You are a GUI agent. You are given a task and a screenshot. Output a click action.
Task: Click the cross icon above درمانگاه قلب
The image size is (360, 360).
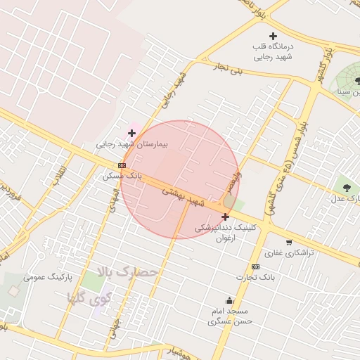coord(274,36)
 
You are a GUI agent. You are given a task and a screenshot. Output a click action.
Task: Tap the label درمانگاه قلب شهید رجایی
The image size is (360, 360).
coord(273,51)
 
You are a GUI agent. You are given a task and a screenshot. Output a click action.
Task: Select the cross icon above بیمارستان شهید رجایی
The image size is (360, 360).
coord(131,132)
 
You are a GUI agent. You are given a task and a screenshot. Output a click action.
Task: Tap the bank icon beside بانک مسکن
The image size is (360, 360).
coord(122,165)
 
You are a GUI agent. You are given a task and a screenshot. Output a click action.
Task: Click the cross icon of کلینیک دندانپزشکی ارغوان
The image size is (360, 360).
coord(225,217)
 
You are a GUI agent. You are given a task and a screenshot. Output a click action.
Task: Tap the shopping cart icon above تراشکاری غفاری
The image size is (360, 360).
coord(269,243)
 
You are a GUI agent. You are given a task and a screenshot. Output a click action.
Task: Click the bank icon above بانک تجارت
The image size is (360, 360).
coord(255,266)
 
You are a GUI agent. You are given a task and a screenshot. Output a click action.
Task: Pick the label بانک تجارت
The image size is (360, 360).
coord(255,277)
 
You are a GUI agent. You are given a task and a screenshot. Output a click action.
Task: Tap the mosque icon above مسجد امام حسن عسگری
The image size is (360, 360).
coord(229,300)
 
